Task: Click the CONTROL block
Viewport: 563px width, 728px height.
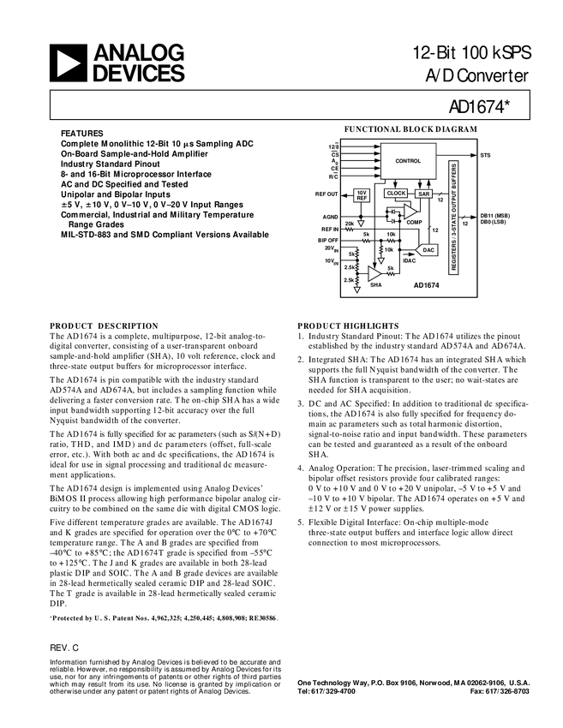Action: click(x=408, y=161)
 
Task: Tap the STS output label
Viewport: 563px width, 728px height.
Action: click(x=486, y=155)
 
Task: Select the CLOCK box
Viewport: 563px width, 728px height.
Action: click(x=396, y=194)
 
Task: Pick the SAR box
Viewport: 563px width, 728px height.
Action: click(x=424, y=194)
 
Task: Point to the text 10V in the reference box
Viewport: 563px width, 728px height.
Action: click(x=362, y=193)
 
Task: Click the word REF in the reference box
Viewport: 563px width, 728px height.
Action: click(x=362, y=199)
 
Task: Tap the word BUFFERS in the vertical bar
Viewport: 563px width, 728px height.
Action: click(x=454, y=176)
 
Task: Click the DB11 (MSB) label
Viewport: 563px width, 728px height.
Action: click(x=495, y=215)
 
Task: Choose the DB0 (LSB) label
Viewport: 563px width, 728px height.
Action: click(x=494, y=222)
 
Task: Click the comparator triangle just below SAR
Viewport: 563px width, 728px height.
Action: click(x=410, y=212)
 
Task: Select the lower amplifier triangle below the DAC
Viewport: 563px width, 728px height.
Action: click(x=374, y=273)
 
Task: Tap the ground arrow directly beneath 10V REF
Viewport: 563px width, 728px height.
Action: click(x=361, y=223)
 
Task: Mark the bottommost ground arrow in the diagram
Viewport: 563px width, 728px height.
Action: click(x=357, y=289)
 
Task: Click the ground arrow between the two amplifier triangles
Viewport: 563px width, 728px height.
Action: click(x=381, y=260)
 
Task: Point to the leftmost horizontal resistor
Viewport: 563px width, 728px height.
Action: click(x=350, y=230)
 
